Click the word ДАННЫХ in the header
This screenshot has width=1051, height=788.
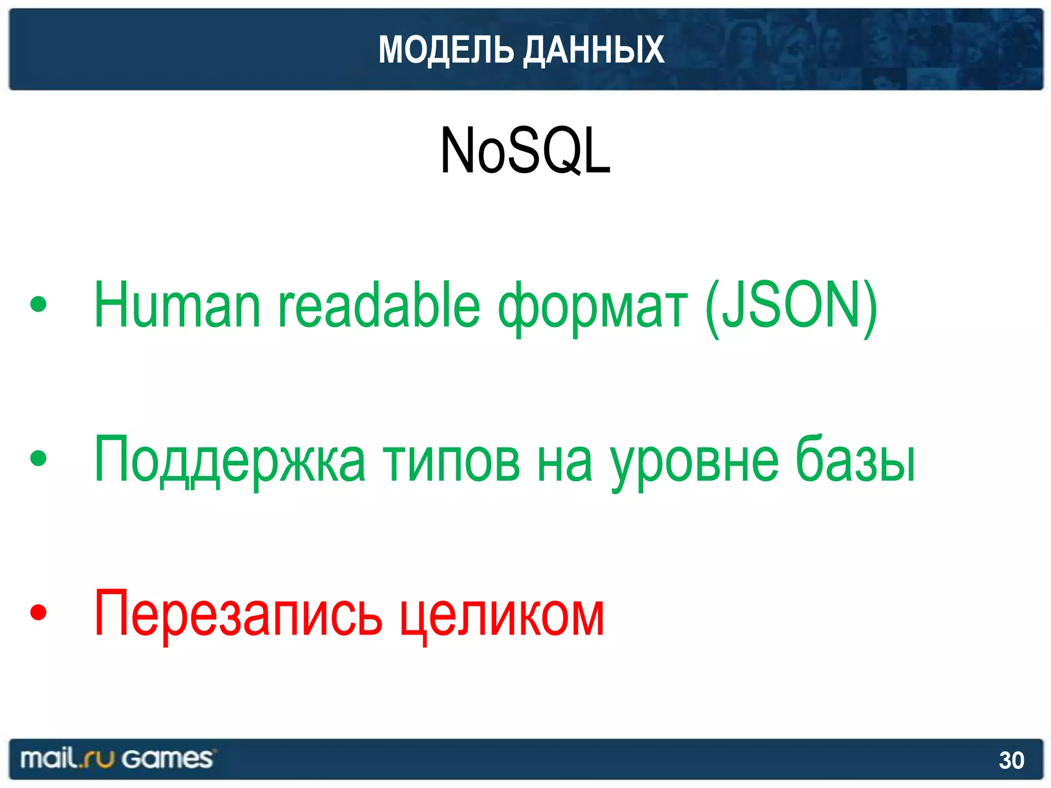click(x=594, y=50)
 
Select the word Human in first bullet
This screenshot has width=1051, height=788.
click(x=177, y=306)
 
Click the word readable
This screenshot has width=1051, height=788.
click(x=379, y=306)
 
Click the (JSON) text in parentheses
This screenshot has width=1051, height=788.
click(x=791, y=306)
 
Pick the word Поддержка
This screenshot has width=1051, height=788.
click(x=230, y=460)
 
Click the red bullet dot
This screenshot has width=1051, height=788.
click(x=38, y=612)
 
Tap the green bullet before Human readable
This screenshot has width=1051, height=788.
click(x=38, y=305)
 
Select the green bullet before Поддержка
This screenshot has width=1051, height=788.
click(x=38, y=458)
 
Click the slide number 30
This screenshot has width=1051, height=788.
click(x=1011, y=760)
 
